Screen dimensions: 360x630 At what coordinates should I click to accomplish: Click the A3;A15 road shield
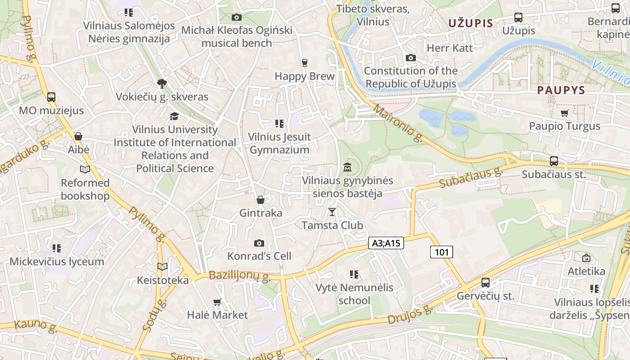[x=386, y=243]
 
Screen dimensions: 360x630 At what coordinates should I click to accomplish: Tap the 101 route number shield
[x=441, y=252]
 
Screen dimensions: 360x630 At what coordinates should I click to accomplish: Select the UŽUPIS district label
[x=471, y=23]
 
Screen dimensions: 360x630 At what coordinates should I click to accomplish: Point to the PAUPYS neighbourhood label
[x=561, y=90]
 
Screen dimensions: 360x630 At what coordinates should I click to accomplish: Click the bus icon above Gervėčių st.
[x=486, y=283]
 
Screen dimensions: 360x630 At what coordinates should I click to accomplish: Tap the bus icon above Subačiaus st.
[x=554, y=161]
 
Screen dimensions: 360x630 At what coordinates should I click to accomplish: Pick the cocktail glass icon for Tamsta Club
[x=332, y=211]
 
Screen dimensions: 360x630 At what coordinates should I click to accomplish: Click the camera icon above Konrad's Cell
[x=259, y=243]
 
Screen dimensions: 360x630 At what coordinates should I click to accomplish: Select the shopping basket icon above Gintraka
[x=261, y=199]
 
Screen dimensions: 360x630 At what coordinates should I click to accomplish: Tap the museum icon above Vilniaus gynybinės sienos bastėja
[x=347, y=167]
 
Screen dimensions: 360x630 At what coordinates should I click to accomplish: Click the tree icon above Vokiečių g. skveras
[x=162, y=83]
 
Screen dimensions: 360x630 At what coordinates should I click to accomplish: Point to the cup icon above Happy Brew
[x=305, y=63]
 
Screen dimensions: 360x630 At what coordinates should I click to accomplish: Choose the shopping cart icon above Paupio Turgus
[x=564, y=113]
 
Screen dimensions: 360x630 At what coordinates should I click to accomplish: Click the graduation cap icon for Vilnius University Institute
[x=174, y=117]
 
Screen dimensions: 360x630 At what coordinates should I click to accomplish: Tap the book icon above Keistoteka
[x=162, y=267]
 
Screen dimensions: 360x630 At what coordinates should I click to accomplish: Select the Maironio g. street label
[x=398, y=124]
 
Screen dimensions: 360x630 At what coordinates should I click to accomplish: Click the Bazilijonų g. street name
[x=239, y=275]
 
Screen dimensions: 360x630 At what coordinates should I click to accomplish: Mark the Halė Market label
[x=217, y=315]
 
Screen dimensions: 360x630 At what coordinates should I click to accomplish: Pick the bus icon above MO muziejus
[x=51, y=97]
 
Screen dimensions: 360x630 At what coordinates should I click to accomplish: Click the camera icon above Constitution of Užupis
[x=410, y=58]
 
